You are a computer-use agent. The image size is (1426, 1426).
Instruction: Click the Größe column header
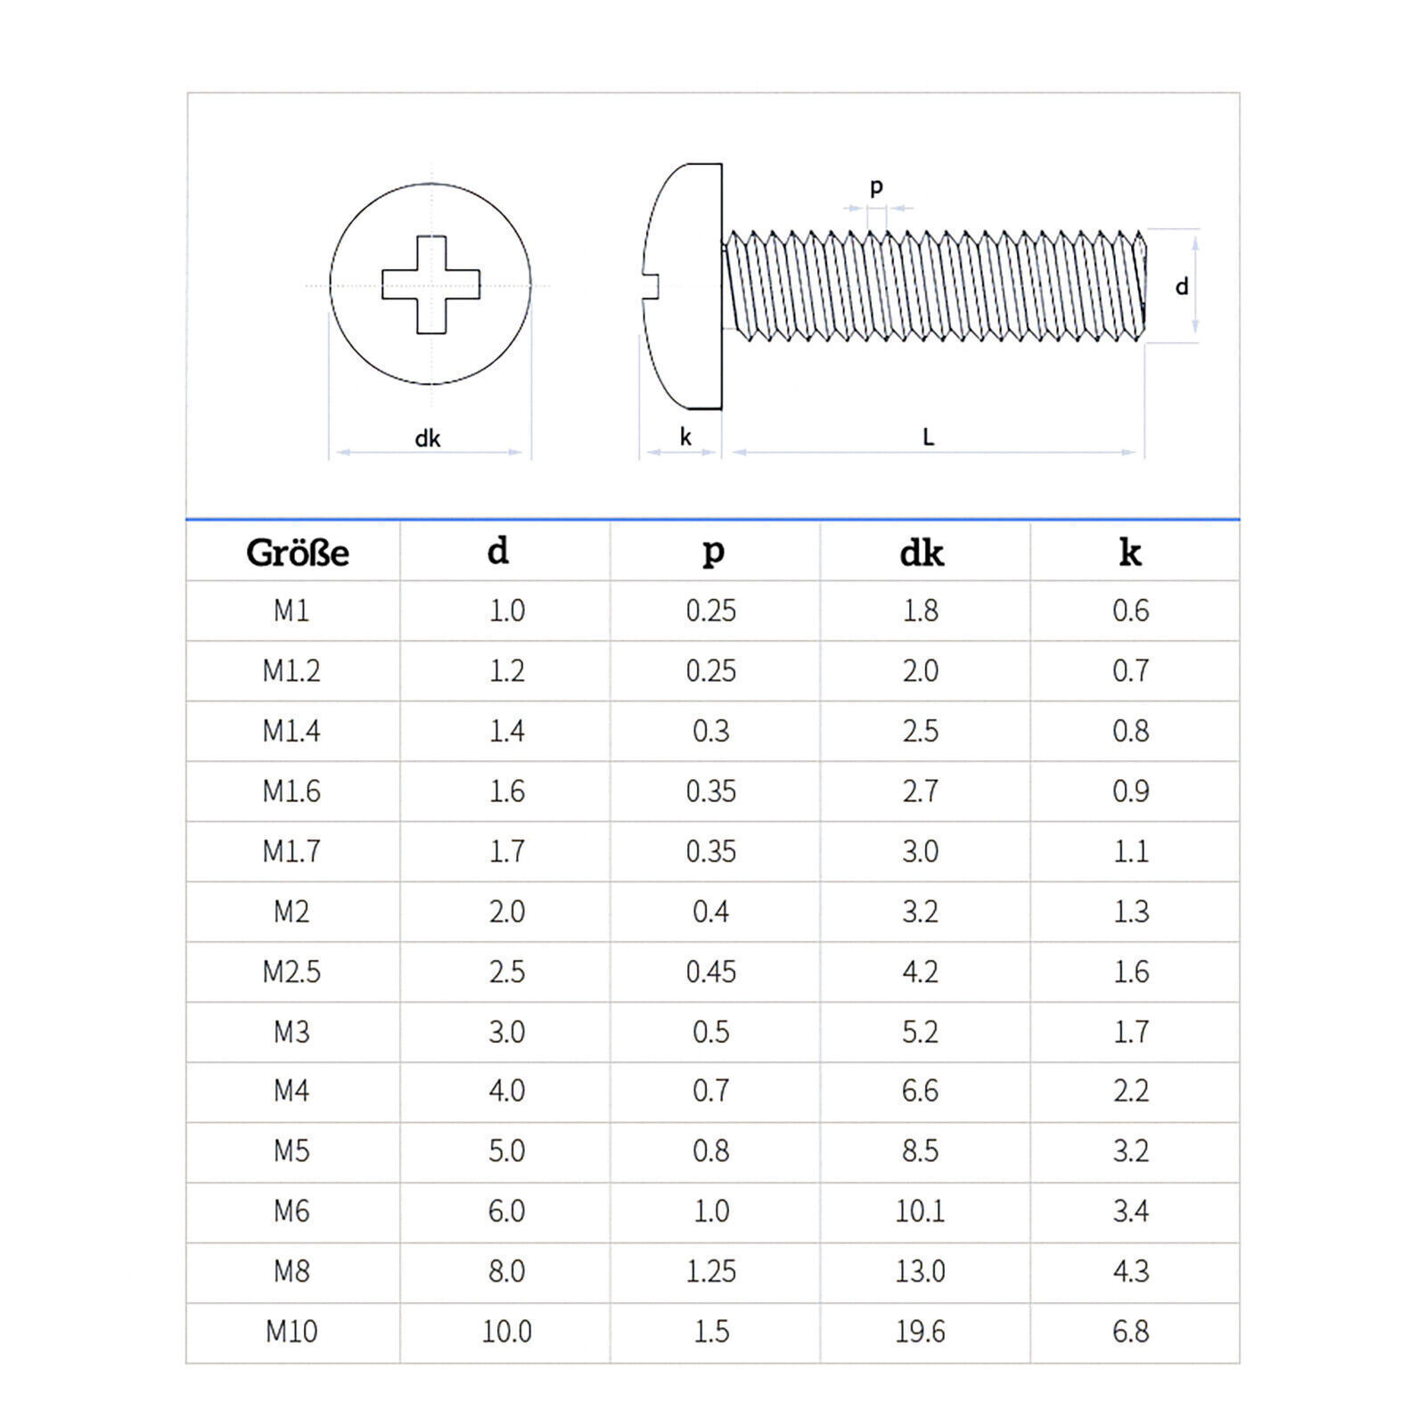click(297, 553)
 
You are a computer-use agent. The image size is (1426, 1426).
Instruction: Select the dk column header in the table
click(921, 553)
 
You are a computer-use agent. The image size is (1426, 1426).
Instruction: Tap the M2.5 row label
click(291, 971)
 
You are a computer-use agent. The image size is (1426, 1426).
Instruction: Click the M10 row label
click(291, 1332)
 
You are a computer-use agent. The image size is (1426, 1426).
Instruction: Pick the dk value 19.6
click(920, 1332)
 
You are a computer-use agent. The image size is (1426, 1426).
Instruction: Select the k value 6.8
click(1130, 1332)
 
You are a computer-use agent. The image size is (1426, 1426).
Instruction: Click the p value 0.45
click(710, 971)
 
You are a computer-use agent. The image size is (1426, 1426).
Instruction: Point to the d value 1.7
click(506, 851)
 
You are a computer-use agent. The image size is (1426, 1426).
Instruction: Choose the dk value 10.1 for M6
click(920, 1211)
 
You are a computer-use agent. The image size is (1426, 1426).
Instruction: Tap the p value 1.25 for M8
click(710, 1271)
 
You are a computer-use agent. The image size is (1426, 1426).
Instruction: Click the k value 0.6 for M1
click(1130, 611)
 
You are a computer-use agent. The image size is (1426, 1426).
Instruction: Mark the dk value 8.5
click(920, 1151)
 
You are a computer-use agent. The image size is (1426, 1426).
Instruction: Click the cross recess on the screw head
click(431, 285)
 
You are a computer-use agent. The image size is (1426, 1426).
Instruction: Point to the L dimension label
click(928, 437)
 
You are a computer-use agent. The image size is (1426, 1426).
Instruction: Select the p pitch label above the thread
click(876, 186)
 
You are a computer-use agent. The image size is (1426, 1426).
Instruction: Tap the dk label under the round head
click(428, 438)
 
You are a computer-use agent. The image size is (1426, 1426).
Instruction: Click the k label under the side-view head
click(684, 437)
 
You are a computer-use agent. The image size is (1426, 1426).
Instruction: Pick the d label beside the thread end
click(1182, 287)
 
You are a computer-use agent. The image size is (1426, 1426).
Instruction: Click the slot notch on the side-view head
click(651, 285)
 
